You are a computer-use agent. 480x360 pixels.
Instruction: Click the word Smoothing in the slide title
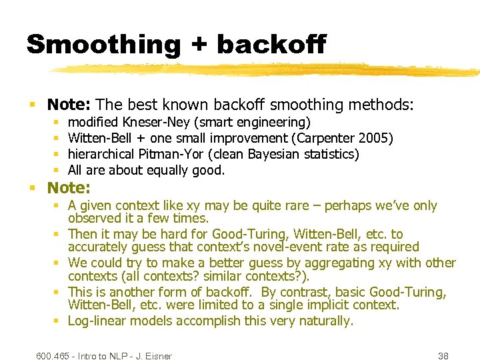pos(103,44)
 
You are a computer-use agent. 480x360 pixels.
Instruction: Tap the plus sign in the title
pos(199,45)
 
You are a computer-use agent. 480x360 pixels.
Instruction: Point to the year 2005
pos(376,138)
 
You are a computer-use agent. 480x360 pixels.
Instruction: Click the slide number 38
pos(443,356)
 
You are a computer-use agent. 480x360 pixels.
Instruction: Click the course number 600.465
pos(54,356)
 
